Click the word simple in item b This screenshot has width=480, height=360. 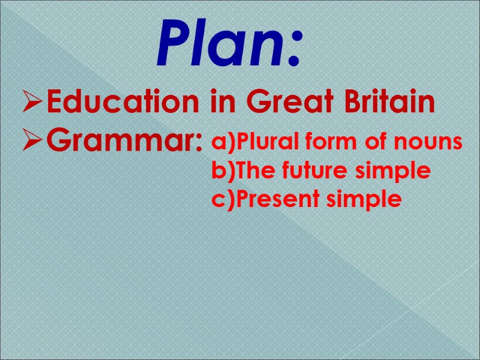pos(394,172)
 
